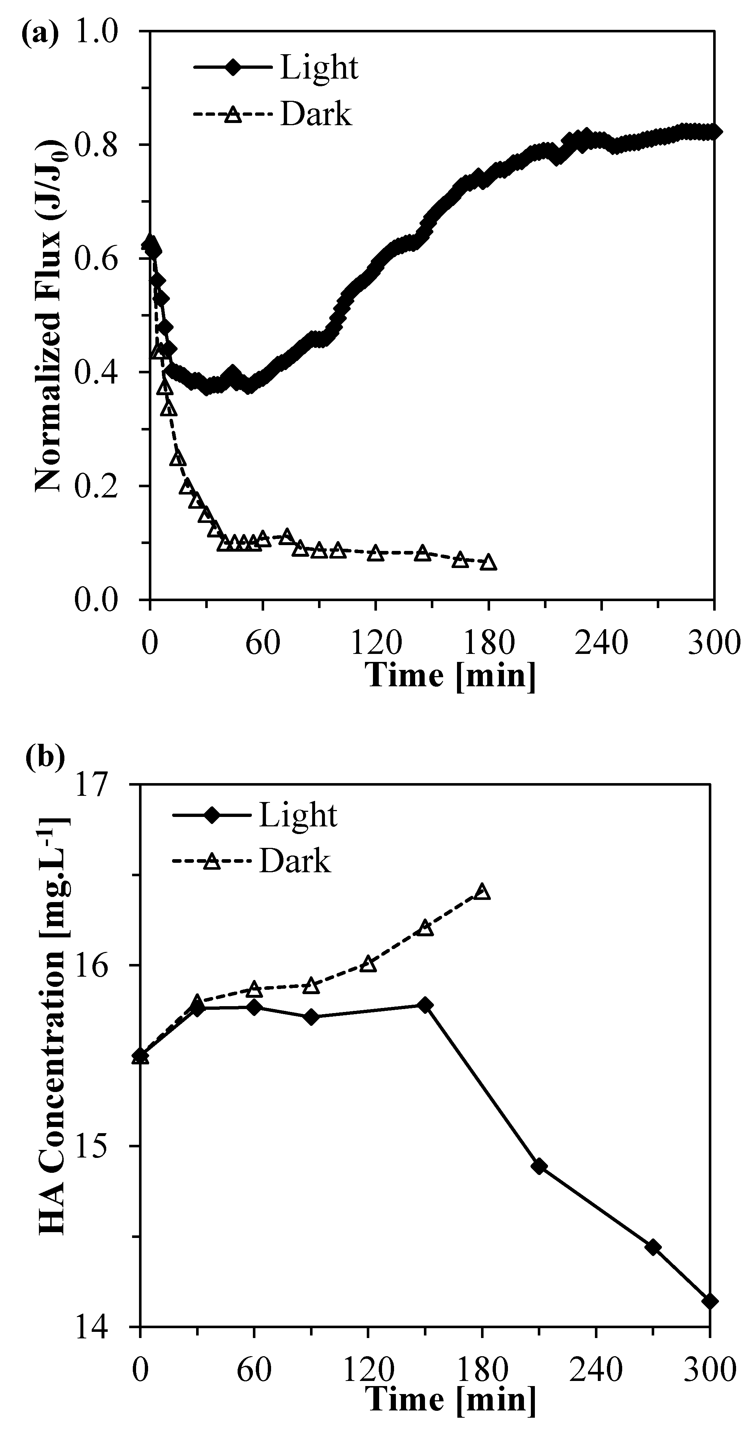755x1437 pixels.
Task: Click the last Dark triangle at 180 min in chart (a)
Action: (488, 562)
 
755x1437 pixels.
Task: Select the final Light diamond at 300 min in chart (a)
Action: (714, 132)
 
